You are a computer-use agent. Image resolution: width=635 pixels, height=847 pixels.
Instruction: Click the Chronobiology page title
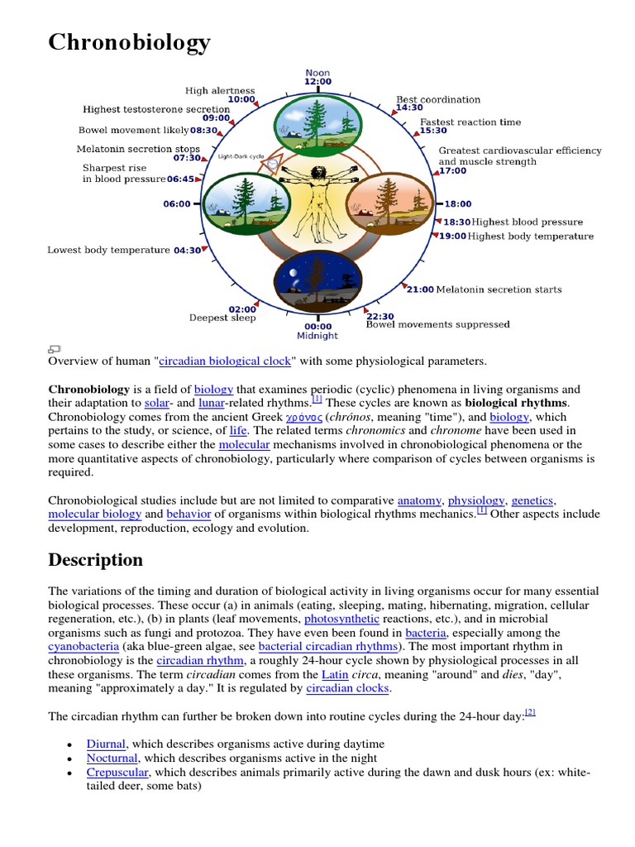[129, 42]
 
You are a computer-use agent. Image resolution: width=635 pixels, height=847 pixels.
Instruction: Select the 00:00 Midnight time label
[317, 331]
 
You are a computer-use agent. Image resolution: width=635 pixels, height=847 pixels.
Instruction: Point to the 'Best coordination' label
[437, 99]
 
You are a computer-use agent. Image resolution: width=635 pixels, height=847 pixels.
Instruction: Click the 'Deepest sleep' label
[222, 318]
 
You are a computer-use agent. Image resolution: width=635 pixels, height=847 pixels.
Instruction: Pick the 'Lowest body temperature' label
[108, 250]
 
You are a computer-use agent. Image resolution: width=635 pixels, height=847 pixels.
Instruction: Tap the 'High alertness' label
[220, 90]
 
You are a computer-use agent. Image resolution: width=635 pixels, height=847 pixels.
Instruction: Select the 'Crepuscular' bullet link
[118, 773]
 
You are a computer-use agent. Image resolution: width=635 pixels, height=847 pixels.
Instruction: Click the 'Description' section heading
[95, 560]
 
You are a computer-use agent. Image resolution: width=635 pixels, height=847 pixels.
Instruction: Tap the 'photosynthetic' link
[341, 619]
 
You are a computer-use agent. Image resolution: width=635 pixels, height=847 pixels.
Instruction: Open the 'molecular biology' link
[94, 514]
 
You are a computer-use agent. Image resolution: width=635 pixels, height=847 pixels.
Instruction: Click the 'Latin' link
[335, 675]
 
